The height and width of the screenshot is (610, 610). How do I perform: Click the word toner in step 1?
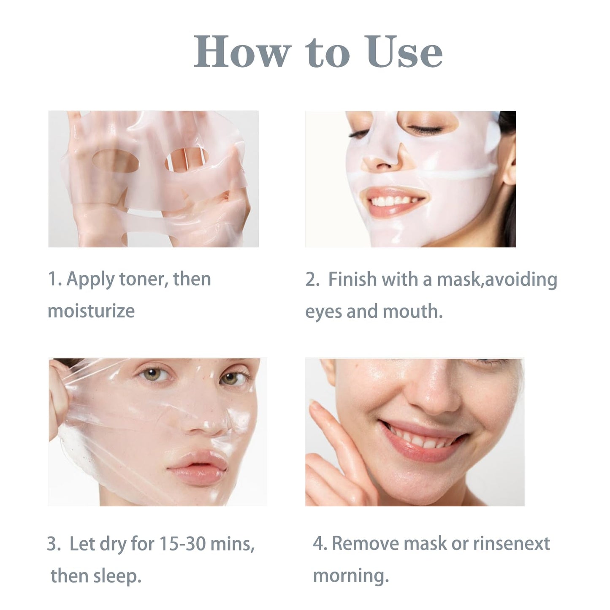tap(141, 279)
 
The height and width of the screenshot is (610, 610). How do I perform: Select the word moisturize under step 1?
tap(91, 311)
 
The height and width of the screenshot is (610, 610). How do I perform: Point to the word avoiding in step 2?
tap(521, 279)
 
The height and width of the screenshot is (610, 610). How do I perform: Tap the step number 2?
tap(312, 279)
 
